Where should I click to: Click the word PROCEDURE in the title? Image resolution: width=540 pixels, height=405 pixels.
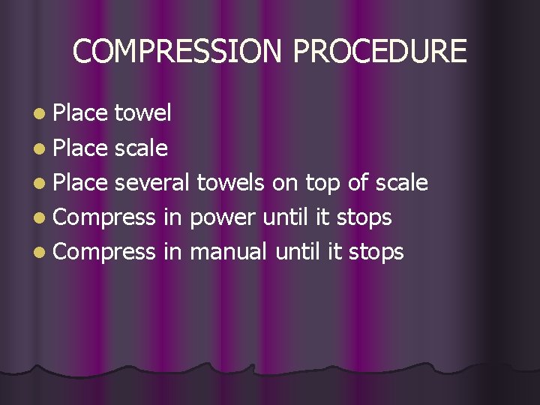pos(379,52)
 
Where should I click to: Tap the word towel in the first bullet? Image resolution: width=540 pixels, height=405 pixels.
pos(143,113)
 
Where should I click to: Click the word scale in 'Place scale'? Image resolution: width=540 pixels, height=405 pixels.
pos(141,148)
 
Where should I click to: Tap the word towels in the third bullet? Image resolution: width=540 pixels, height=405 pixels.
pos(231,182)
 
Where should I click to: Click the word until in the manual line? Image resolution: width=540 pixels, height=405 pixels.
pos(298,251)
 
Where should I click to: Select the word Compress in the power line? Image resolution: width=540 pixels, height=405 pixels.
pos(104,218)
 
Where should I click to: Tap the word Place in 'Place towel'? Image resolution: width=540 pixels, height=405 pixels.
pos(81,113)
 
